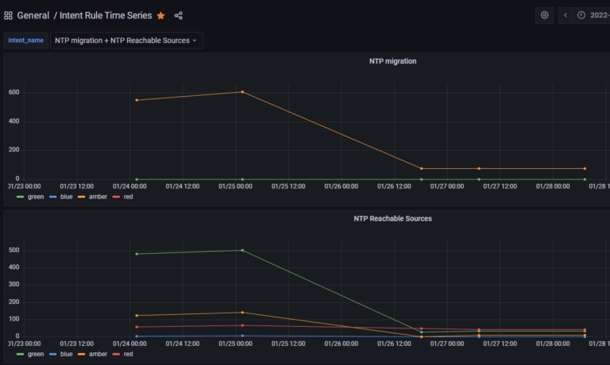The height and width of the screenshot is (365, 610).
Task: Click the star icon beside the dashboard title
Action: click(161, 15)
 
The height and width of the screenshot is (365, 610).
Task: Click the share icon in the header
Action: click(179, 15)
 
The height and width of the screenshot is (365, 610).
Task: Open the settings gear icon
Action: click(545, 15)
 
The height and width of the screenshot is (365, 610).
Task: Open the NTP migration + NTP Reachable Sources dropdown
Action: click(126, 40)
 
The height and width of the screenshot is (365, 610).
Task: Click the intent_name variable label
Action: click(26, 40)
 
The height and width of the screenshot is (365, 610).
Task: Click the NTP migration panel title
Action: click(392, 61)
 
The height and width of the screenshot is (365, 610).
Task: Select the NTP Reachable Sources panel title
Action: click(392, 218)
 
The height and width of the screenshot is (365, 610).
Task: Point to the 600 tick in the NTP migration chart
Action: click(14, 93)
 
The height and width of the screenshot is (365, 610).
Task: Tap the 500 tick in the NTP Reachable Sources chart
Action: click(14, 251)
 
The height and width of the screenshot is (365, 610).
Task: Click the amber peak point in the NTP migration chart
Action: click(242, 92)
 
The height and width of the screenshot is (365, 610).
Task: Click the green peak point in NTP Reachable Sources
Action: click(242, 251)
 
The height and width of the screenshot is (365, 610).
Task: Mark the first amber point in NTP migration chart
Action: click(137, 100)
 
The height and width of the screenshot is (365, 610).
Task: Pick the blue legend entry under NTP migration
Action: click(64, 197)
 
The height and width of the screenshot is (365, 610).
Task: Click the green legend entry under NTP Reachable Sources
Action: click(31, 354)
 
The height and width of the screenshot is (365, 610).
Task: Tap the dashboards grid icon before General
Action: click(8, 15)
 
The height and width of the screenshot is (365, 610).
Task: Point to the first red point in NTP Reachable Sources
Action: click(137, 327)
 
